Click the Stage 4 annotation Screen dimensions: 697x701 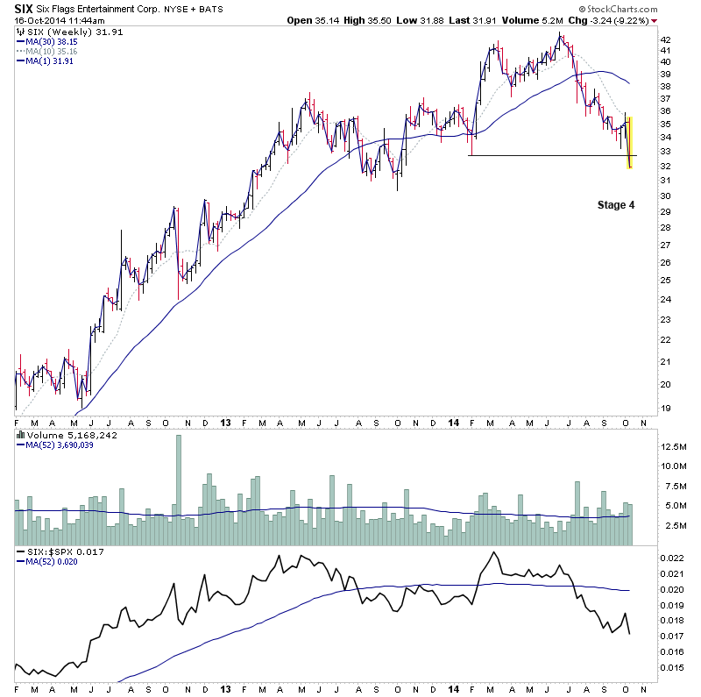click(x=611, y=204)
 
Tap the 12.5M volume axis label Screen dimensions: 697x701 click(x=673, y=446)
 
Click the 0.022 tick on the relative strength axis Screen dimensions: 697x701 click(x=670, y=558)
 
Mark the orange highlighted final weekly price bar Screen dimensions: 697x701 click(x=629, y=142)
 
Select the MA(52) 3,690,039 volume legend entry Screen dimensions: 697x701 click(x=57, y=445)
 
